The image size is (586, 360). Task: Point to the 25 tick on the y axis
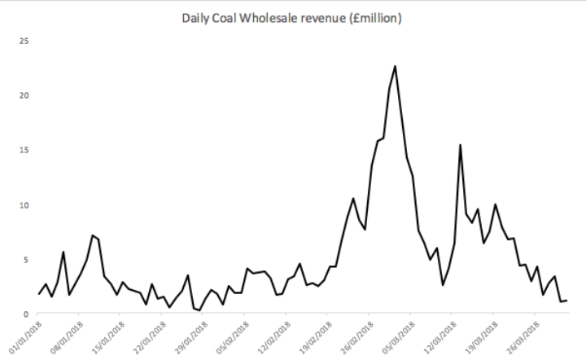point(25,40)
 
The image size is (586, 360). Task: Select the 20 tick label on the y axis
point(25,95)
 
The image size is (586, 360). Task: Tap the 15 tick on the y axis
point(25,150)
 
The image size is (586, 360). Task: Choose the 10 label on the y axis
point(25,204)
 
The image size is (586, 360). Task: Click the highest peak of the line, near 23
point(395,66)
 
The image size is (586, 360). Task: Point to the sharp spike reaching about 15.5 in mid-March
point(461,145)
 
